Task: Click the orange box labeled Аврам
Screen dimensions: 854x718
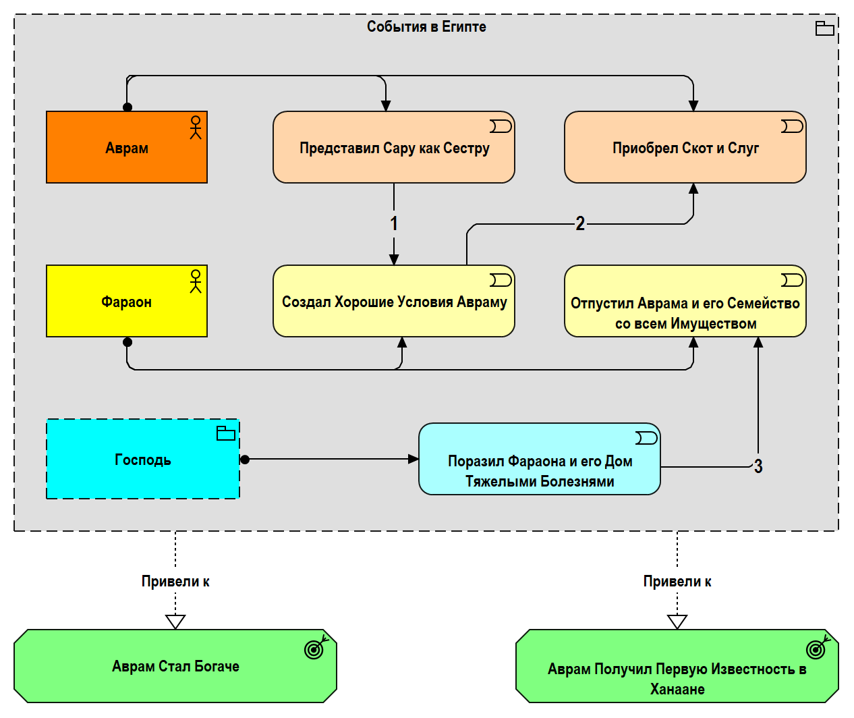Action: pyautogui.click(x=127, y=147)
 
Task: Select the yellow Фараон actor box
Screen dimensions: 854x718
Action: pyautogui.click(x=127, y=301)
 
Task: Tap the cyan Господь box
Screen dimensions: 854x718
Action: pyautogui.click(x=143, y=459)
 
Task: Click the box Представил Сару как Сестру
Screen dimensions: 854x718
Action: pyautogui.click(x=394, y=147)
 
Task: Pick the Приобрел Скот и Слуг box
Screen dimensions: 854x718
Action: pyautogui.click(x=685, y=147)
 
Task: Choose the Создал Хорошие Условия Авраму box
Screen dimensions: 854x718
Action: pyautogui.click(x=394, y=301)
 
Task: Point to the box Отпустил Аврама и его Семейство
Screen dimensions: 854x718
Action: pyautogui.click(x=685, y=301)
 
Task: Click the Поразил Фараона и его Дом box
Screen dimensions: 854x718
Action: pyautogui.click(x=540, y=459)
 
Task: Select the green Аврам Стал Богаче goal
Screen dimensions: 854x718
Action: pyautogui.click(x=175, y=666)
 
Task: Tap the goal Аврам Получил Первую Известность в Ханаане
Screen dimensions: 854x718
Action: pyautogui.click(x=677, y=666)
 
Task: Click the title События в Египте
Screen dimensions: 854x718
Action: pyautogui.click(x=426, y=26)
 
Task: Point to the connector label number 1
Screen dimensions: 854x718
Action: pyautogui.click(x=394, y=223)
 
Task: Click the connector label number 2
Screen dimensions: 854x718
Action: pyautogui.click(x=580, y=224)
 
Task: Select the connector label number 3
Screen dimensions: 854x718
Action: pyautogui.click(x=758, y=466)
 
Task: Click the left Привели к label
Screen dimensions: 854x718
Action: pyautogui.click(x=175, y=582)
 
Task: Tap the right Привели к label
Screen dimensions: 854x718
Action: pyautogui.click(x=677, y=582)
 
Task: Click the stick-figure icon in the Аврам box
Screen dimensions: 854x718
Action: pyautogui.click(x=196, y=128)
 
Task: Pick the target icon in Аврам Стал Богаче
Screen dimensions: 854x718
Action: pyautogui.click(x=316, y=647)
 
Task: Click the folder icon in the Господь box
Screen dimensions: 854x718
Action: pyautogui.click(x=226, y=433)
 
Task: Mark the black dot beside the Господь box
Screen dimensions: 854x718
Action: pyautogui.click(x=245, y=460)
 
